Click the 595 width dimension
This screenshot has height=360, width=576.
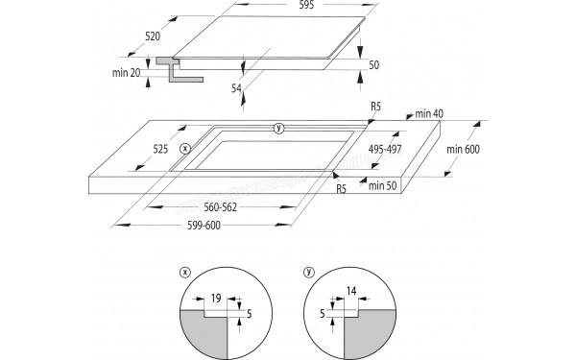[x=306, y=5]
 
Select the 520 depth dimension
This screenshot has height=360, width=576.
[x=153, y=36]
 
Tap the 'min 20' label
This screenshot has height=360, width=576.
[x=126, y=73]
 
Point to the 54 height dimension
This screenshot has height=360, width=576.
[x=236, y=88]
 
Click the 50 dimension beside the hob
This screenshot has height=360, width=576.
[x=373, y=65]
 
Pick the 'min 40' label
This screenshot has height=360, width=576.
[x=429, y=114]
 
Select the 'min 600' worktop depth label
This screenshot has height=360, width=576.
[x=464, y=149]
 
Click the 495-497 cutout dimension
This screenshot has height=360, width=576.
[x=385, y=149]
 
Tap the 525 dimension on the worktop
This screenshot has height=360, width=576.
[x=160, y=149]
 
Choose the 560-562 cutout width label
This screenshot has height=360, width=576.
[x=221, y=207]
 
